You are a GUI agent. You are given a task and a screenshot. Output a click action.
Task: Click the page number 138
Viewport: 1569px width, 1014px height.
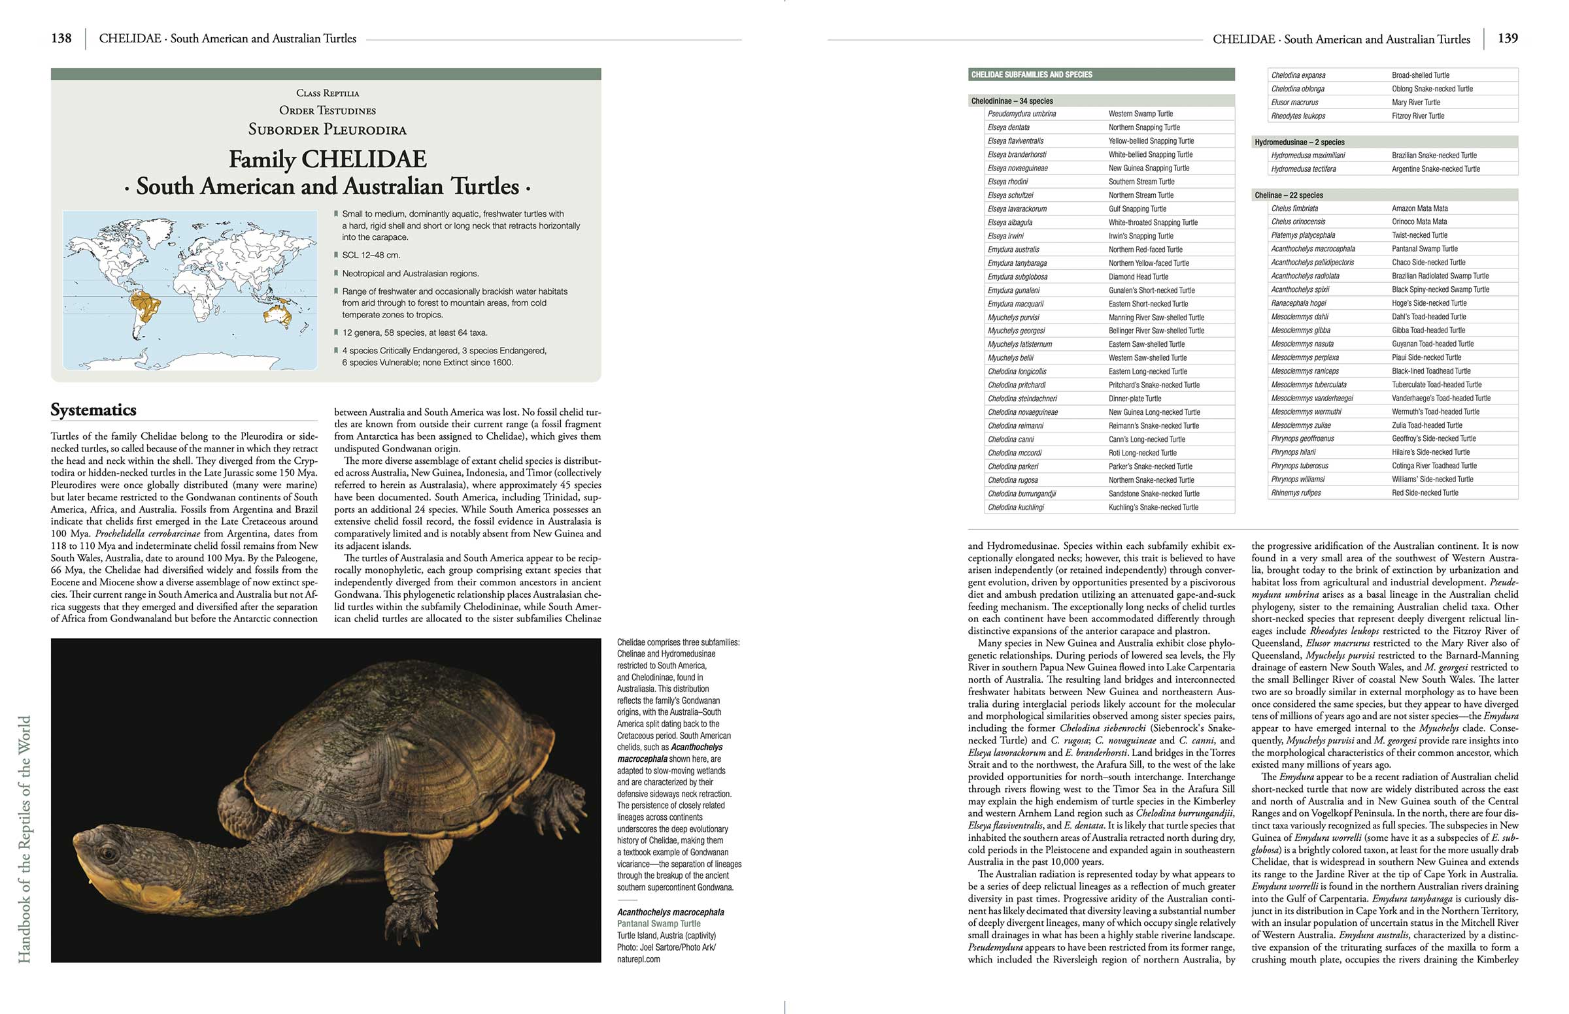click(61, 38)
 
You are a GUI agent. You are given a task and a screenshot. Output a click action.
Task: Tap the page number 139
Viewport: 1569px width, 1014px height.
click(1507, 38)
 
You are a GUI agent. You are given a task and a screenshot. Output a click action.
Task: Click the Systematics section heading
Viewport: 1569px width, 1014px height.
click(93, 410)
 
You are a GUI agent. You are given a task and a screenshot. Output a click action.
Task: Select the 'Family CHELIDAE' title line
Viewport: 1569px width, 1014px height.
click(328, 159)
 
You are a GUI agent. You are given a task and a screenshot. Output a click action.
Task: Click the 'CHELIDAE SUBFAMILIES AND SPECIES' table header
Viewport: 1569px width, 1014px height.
click(1032, 75)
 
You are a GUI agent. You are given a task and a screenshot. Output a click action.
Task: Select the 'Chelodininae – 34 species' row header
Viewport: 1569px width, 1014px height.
click(1012, 101)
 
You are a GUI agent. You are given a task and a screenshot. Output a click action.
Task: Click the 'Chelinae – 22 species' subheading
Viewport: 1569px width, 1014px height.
click(1289, 195)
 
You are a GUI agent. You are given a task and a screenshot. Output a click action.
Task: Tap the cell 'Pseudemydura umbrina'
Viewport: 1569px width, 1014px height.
click(1022, 114)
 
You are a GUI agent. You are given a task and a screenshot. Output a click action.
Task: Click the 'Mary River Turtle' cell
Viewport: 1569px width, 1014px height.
click(1415, 102)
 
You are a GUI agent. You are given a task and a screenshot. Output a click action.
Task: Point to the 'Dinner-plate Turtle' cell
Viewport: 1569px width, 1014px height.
click(1134, 399)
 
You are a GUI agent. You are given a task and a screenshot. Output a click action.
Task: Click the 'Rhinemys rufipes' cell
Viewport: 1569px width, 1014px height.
click(1296, 493)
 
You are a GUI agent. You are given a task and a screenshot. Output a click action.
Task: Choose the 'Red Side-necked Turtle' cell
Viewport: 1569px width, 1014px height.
click(1425, 493)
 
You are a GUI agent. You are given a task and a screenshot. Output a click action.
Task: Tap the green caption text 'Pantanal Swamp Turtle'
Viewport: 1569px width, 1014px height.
click(659, 924)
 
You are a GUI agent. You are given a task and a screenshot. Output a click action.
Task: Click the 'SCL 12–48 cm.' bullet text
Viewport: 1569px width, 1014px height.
click(371, 255)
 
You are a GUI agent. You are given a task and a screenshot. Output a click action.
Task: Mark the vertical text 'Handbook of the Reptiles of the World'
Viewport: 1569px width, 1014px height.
click(24, 840)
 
